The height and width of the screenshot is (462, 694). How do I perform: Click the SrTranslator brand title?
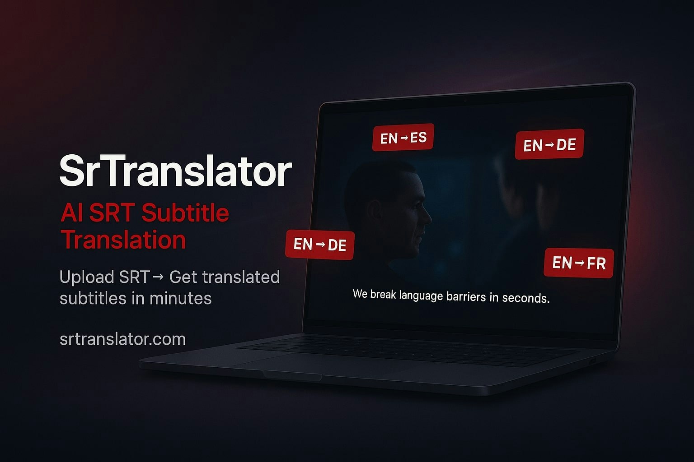(x=175, y=171)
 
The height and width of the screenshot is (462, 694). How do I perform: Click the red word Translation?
(x=123, y=240)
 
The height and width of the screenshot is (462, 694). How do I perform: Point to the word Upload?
(x=87, y=277)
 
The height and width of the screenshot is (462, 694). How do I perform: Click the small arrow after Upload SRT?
(x=158, y=276)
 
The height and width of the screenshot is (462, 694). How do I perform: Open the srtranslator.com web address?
(x=122, y=339)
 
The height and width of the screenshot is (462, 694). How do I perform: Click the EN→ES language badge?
(x=403, y=137)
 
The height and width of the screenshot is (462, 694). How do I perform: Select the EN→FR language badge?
(x=578, y=263)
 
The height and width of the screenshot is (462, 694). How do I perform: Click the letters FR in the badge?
(x=597, y=263)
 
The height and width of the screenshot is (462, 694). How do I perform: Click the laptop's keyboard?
(x=407, y=350)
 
